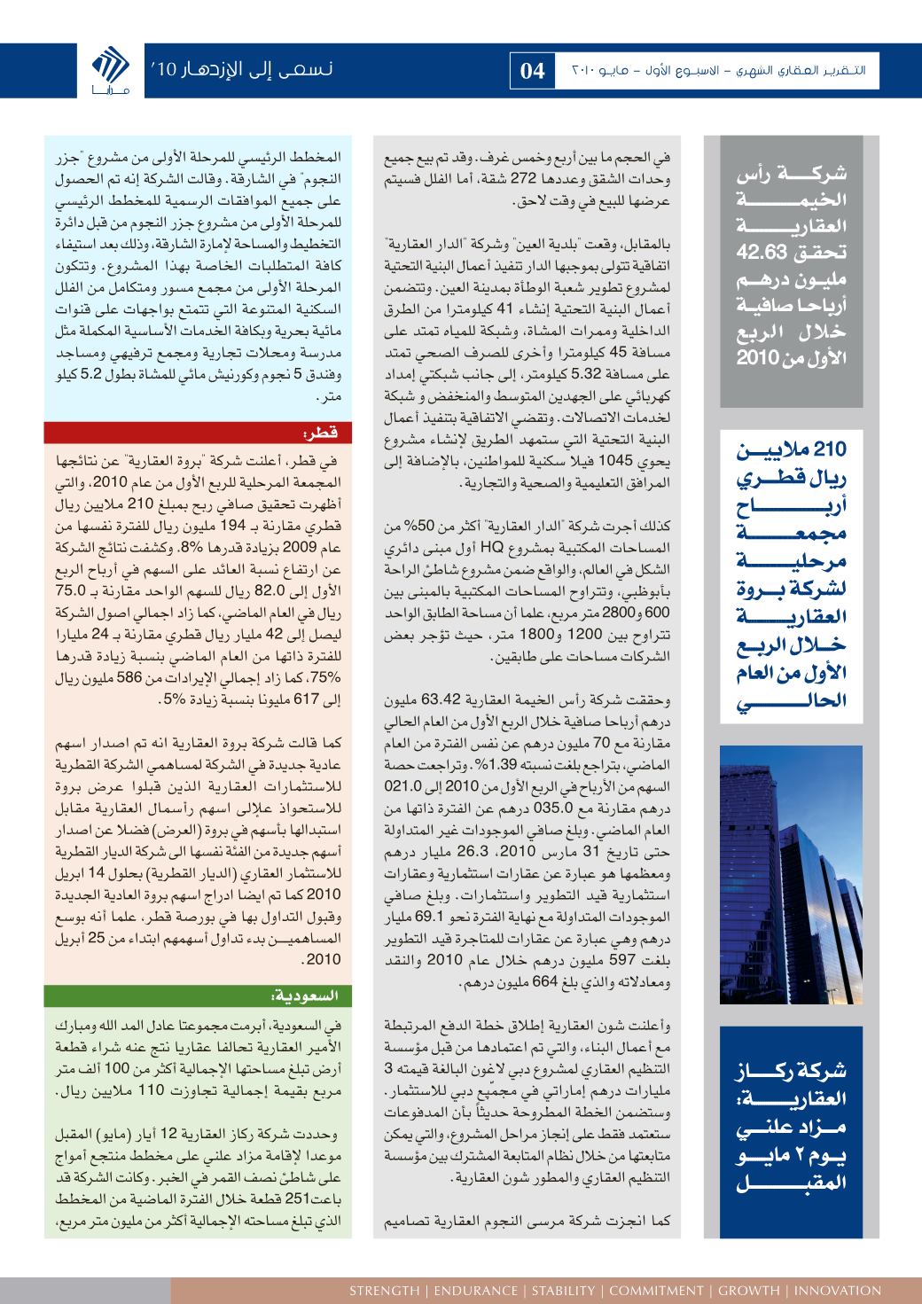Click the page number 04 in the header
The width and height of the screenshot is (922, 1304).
532,72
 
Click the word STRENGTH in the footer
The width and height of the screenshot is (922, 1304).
384,1290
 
